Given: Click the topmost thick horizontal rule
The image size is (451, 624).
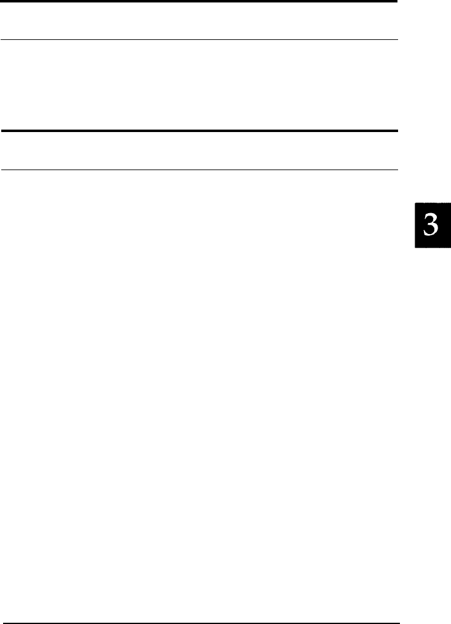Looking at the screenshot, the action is point(199,2).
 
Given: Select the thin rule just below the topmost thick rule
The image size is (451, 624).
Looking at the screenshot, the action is point(199,41).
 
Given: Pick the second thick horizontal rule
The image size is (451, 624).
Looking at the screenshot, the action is point(199,131).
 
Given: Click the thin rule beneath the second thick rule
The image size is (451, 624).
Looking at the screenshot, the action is point(199,170).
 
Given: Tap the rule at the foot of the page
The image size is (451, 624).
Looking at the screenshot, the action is point(199,622).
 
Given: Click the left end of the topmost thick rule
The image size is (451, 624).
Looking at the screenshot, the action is point(1,2).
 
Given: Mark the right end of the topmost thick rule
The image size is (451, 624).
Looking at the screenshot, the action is point(397,2).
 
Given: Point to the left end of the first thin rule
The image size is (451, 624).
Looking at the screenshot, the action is point(1,41).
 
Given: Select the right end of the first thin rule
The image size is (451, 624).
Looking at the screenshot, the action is point(397,41).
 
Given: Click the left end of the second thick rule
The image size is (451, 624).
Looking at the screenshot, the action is point(1,131).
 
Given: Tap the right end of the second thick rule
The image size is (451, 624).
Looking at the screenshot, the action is point(397,131).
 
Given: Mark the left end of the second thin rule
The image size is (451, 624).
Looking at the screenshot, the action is point(1,170).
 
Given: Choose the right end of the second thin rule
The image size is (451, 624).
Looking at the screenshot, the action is point(397,170).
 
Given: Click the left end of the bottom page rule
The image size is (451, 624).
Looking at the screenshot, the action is point(1,622).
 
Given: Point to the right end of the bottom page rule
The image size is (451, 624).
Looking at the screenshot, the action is point(397,622).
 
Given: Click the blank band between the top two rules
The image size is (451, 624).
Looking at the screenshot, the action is point(199,21).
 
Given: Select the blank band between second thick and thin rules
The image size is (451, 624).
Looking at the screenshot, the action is point(199,150).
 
